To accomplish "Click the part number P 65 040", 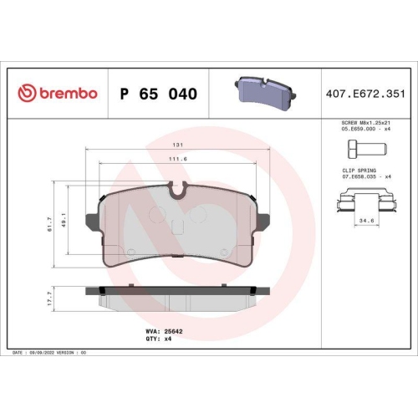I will click(159, 94).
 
